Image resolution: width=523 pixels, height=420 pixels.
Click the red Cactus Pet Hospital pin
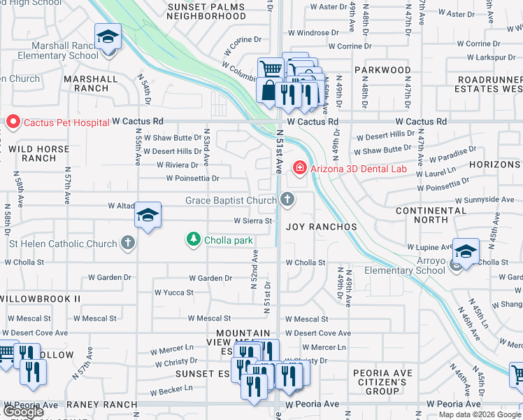[x=13, y=122]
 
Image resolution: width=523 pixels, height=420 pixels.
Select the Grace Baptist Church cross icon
[x=287, y=201]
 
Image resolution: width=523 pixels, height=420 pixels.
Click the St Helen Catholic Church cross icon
[x=127, y=244]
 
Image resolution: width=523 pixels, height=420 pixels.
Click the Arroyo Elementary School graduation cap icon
[x=465, y=251]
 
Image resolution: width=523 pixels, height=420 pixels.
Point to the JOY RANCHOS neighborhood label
[x=322, y=227]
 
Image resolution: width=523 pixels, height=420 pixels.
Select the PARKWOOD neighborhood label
[x=382, y=70]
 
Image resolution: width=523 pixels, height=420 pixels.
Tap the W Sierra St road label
[x=252, y=220]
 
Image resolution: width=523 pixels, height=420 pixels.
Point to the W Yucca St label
[x=173, y=292]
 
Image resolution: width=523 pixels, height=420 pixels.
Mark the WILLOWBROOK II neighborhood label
[x=40, y=299]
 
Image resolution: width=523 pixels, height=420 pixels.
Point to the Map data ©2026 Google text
[x=479, y=414]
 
